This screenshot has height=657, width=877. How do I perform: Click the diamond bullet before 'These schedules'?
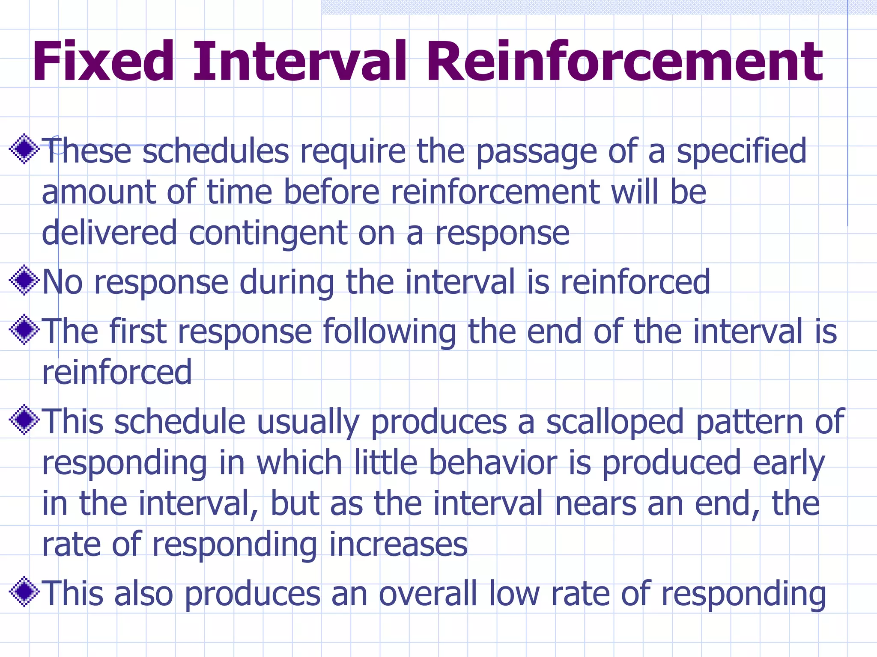24,149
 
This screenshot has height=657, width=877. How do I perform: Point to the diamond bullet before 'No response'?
24,281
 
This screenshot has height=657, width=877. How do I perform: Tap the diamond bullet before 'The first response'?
24,330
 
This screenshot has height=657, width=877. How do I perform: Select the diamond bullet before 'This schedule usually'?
24,420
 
